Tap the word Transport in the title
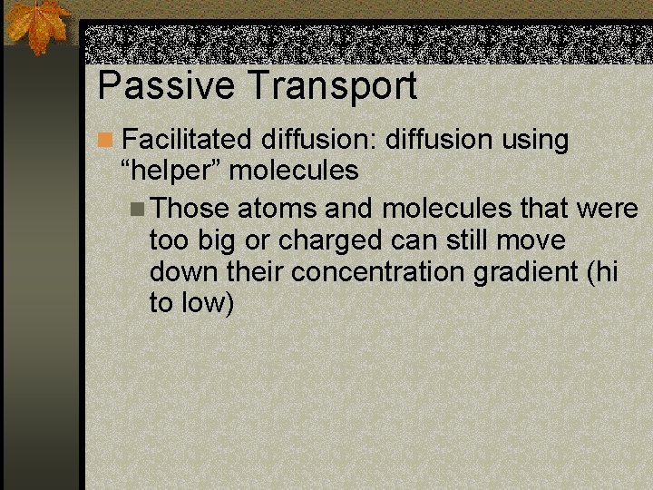tap(332, 85)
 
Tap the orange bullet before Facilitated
tap(106, 141)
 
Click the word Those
tap(190, 210)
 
